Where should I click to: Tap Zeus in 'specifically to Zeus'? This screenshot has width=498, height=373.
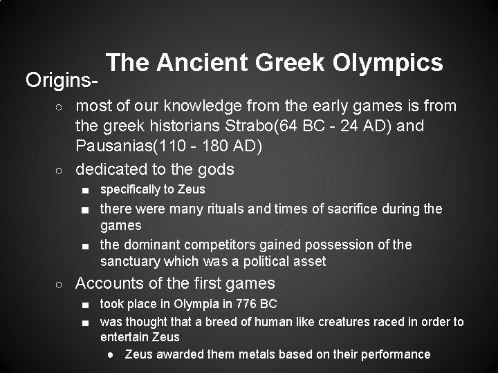(192, 189)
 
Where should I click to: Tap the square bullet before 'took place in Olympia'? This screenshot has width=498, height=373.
(84, 304)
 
